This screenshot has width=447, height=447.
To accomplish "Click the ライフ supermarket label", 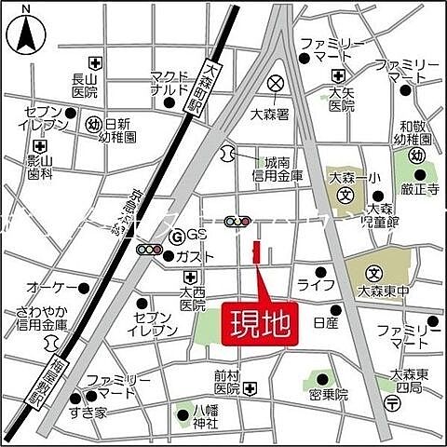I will pos(310,284).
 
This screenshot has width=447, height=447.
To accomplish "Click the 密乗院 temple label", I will pos(328,395).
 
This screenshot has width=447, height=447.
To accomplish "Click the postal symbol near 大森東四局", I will pos(392,402).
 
